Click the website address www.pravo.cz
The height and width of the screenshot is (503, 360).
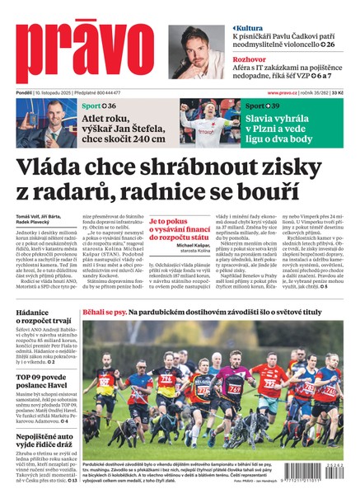pyautogui.click(x=285, y=92)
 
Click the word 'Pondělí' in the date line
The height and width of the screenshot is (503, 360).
pyautogui.click(x=22, y=92)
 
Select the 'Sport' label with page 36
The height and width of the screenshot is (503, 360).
pyautogui.click(x=92, y=106)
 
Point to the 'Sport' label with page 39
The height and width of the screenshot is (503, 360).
pyautogui.click(x=255, y=106)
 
